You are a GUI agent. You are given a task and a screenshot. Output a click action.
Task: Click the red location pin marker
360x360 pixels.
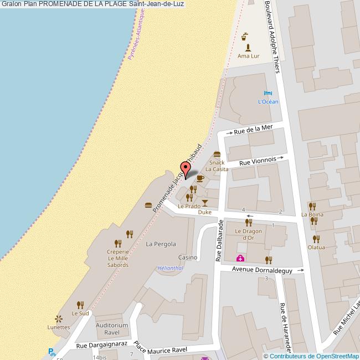(184, 167)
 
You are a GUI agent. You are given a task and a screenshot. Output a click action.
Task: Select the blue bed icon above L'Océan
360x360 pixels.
(268, 92)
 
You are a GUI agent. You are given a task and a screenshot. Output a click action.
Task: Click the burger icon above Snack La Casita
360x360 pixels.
(217, 154)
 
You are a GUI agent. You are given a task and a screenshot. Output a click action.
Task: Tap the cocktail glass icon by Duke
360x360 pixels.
(205, 203)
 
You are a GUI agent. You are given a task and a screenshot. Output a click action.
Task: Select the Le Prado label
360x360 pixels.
(189, 206)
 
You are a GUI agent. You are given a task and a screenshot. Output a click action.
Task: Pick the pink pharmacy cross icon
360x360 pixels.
(240, 259)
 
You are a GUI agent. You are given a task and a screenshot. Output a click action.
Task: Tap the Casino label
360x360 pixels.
(188, 258)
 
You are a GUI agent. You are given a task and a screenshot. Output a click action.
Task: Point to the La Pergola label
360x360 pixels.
(161, 244)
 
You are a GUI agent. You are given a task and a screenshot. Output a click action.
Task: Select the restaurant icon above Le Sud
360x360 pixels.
(80, 305)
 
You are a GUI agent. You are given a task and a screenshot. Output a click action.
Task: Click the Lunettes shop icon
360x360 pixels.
(59, 318)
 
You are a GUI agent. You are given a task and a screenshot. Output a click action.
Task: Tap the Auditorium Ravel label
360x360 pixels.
(112, 329)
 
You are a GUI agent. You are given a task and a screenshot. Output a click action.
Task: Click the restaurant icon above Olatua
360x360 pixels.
(316, 239)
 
